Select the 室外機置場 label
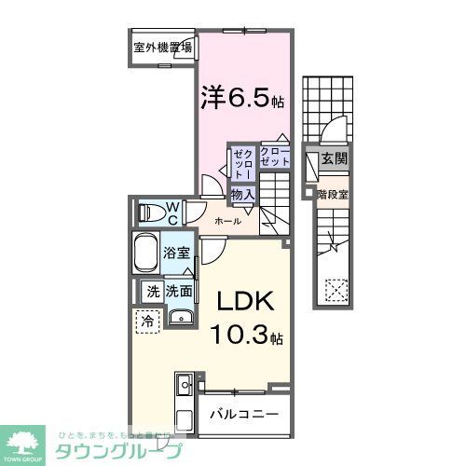point(162,48)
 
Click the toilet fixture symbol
point(150,213)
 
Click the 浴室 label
point(178,251)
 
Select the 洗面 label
point(180,291)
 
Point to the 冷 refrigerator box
point(148,321)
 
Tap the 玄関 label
point(334,159)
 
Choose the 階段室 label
point(333,195)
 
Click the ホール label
point(228,221)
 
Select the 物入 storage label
point(242,194)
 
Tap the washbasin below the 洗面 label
point(181,319)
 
